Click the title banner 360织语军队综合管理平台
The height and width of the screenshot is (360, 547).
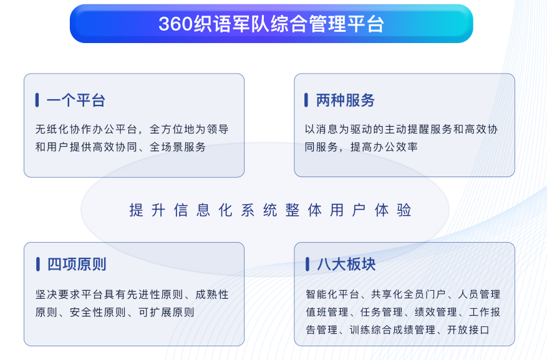tap(271, 24)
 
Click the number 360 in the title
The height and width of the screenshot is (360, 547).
tap(175, 24)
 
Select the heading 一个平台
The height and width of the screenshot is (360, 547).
tap(75, 100)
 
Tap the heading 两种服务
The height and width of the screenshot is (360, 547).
tap(346, 100)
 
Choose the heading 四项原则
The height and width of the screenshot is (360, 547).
tap(77, 264)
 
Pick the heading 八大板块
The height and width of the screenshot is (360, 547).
tap(346, 264)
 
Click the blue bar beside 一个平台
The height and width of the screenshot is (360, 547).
tap(37, 100)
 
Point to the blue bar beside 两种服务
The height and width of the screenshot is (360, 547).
tap(306, 100)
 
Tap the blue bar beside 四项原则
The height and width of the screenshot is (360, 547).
tap(37, 264)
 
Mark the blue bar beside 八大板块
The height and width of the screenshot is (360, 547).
tap(307, 264)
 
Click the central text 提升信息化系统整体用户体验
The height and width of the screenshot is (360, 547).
tap(270, 210)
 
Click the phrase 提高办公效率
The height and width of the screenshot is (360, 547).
tap(384, 147)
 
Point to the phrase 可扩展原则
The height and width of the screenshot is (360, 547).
tap(167, 312)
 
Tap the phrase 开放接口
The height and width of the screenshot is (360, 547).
tap(468, 329)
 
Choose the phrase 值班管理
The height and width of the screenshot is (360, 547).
tap(327, 312)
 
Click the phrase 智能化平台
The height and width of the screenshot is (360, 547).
tap(332, 294)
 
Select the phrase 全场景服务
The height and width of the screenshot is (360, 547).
tap(178, 147)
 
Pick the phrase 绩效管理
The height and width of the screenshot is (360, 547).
tap(436, 312)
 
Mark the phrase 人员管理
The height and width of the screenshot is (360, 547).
tap(479, 294)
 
